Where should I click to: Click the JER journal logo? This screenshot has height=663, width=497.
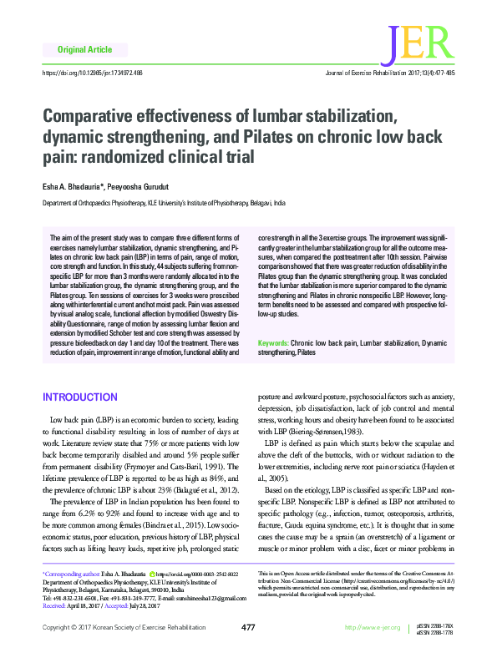(424, 47)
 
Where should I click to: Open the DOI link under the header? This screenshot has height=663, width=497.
(93, 73)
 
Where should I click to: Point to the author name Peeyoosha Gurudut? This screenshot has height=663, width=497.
(141, 186)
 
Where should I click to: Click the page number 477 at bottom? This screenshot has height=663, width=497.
(248, 650)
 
